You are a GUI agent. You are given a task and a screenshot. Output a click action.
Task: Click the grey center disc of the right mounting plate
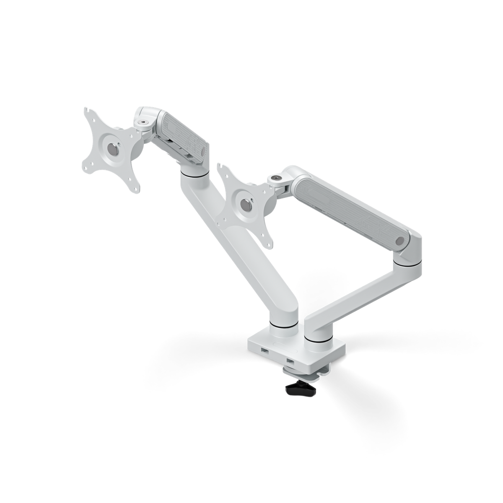244,204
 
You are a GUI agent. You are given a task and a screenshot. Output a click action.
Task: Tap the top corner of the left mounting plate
88,111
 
